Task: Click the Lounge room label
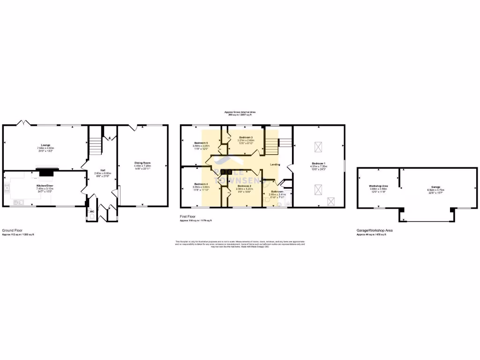tap(45, 145)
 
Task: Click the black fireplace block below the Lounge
tap(46, 173)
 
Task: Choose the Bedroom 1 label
tap(319, 164)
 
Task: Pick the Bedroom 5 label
tap(200, 142)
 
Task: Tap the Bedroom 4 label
tap(200, 184)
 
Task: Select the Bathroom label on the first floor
tap(277, 191)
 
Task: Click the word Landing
tap(276, 164)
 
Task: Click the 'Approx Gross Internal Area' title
tap(242, 112)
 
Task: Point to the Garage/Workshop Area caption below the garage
tap(375, 231)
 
